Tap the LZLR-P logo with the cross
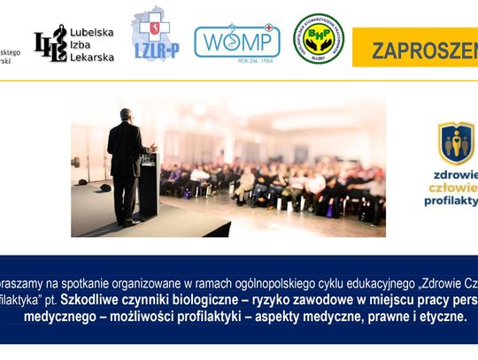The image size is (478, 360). pyautogui.click(x=155, y=36)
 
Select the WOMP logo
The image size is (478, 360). pyautogui.click(x=236, y=40)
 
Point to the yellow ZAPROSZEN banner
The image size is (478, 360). pyautogui.click(x=416, y=50)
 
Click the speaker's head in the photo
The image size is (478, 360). pyautogui.click(x=126, y=115)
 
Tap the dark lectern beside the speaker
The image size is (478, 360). pyautogui.click(x=148, y=186)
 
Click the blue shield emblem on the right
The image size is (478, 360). pyautogui.click(x=456, y=143)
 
